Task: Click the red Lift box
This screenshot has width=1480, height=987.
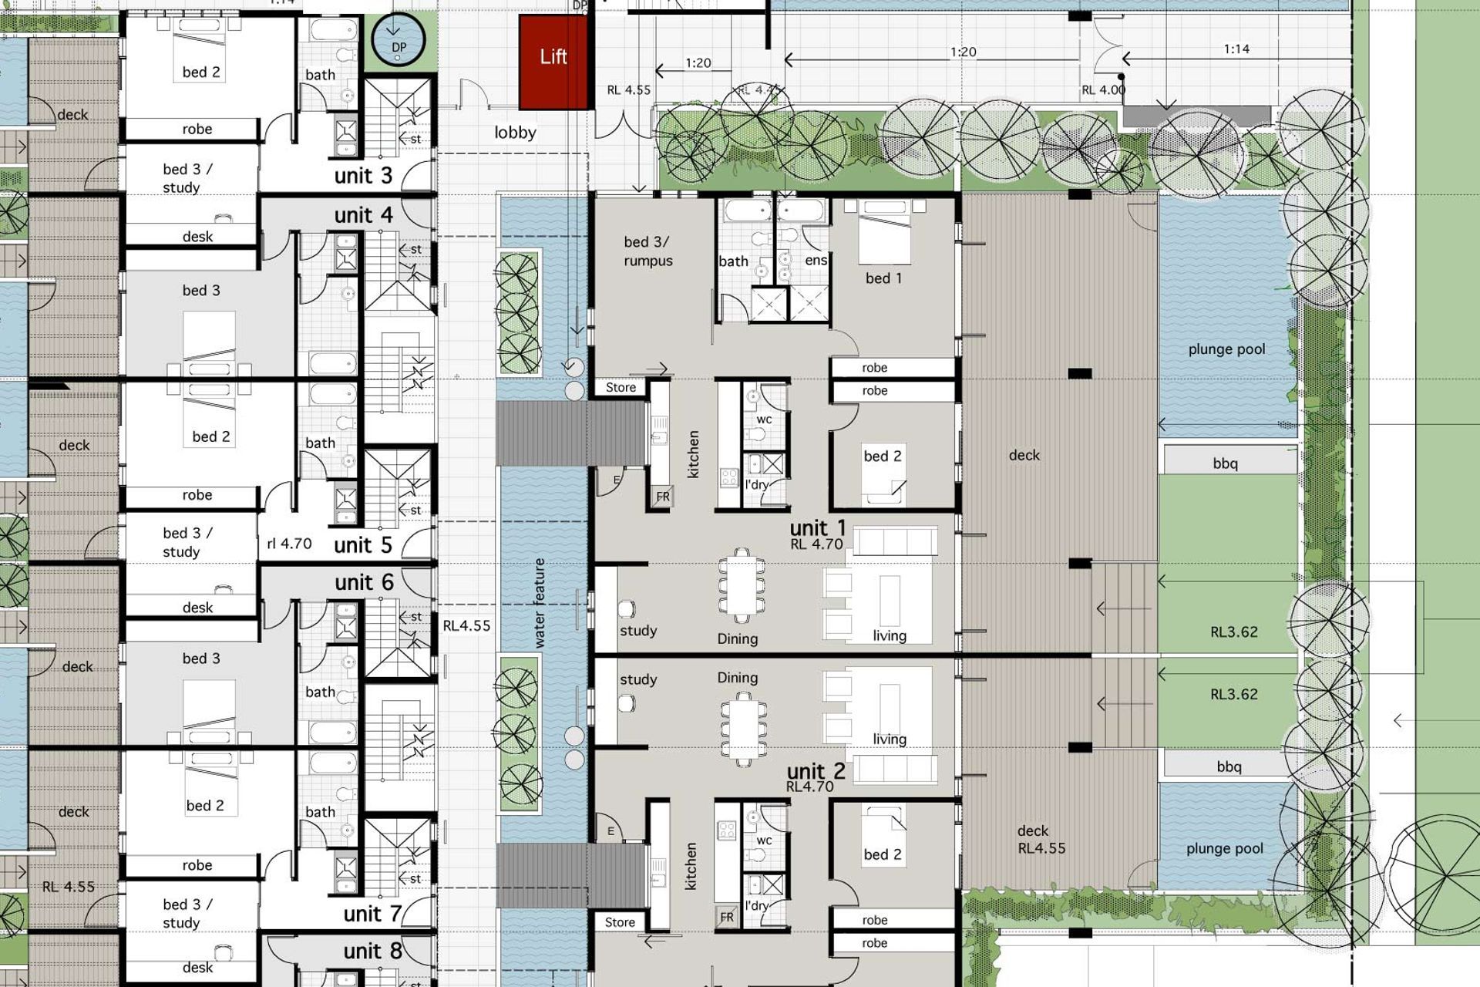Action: click(x=553, y=62)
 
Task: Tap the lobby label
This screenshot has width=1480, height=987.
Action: click(x=515, y=133)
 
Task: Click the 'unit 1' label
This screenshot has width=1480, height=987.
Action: click(x=817, y=528)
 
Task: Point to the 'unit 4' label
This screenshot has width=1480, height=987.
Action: click(x=363, y=215)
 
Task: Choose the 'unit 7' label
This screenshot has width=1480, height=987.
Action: click(x=372, y=914)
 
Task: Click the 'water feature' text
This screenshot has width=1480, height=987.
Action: click(x=539, y=603)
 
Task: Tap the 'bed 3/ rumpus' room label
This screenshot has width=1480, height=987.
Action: click(x=647, y=251)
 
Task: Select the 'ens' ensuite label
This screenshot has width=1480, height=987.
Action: click(x=816, y=261)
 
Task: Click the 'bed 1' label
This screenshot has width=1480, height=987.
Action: click(x=883, y=278)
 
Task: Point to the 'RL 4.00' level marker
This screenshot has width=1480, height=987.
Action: click(x=1103, y=90)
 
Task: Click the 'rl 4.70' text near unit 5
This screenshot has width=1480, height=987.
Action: click(x=289, y=544)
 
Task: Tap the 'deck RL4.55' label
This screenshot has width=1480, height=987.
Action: click(x=1041, y=840)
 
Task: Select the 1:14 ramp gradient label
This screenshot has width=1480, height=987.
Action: click(x=1236, y=49)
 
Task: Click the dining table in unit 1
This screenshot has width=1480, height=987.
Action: click(x=741, y=585)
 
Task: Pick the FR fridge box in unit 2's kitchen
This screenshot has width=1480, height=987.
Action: click(x=727, y=917)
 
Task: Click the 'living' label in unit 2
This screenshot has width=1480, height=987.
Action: click(x=890, y=739)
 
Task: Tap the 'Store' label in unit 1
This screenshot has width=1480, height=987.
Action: click(x=621, y=387)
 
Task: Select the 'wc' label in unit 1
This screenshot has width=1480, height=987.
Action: click(x=764, y=419)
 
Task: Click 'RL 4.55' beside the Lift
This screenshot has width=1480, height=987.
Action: click(x=628, y=90)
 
